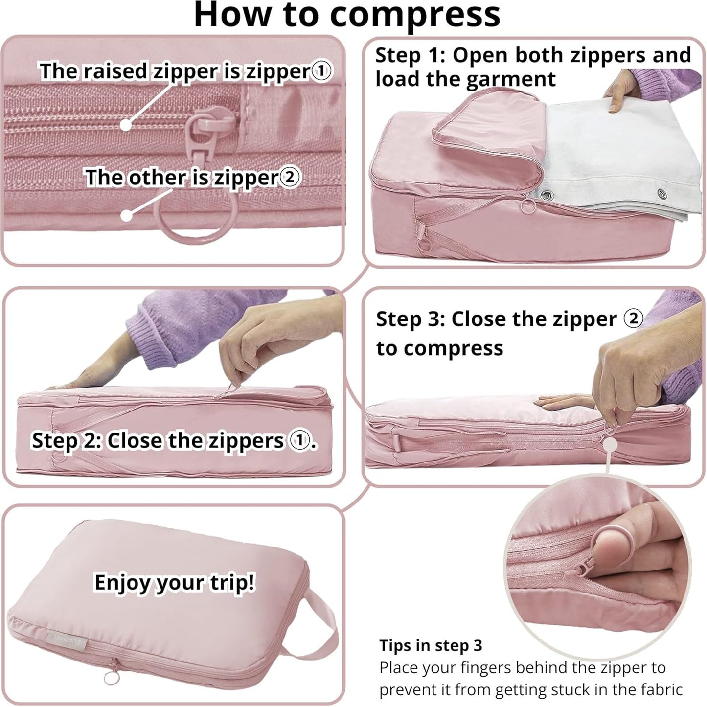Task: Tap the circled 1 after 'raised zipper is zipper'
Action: click(321, 71)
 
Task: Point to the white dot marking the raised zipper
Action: click(126, 125)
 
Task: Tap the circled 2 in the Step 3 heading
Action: click(633, 319)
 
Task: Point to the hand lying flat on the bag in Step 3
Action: click(563, 404)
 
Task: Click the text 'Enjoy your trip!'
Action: click(174, 582)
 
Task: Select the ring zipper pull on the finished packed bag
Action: click(109, 678)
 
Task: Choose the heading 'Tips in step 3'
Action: click(431, 645)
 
